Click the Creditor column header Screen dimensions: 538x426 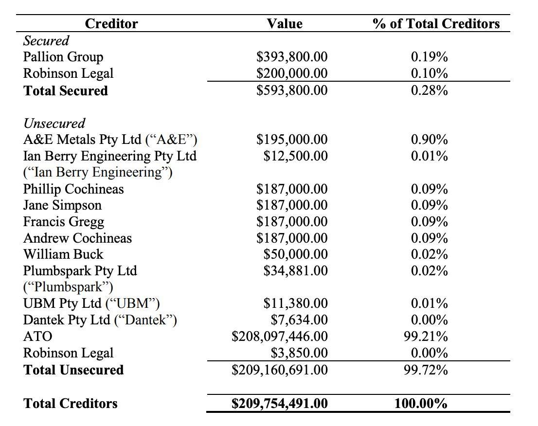[111, 24]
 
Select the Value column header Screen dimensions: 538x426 [285, 24]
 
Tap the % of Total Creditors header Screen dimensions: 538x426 [436, 24]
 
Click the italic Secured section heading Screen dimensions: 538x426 [46, 40]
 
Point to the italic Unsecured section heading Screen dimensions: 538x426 [54, 123]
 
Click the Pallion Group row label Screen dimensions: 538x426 [63, 57]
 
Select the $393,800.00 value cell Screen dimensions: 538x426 [292, 57]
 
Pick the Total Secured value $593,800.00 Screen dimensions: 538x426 [292, 90]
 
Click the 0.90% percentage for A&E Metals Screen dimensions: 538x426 [429, 140]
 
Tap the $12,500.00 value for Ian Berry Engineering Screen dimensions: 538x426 [296, 156]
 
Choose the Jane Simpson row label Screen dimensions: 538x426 [62, 205]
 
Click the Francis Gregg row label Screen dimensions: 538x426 [63, 222]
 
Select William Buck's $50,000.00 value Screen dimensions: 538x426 [296, 254]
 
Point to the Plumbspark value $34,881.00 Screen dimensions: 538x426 [296, 271]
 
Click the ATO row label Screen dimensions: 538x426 [38, 336]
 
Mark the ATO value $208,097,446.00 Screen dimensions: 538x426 [280, 336]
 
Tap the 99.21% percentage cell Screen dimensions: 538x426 [426, 336]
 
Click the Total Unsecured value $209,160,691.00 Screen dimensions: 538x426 [280, 370]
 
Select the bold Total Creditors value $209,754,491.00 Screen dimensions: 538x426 [280, 403]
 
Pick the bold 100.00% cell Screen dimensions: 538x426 [421, 403]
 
